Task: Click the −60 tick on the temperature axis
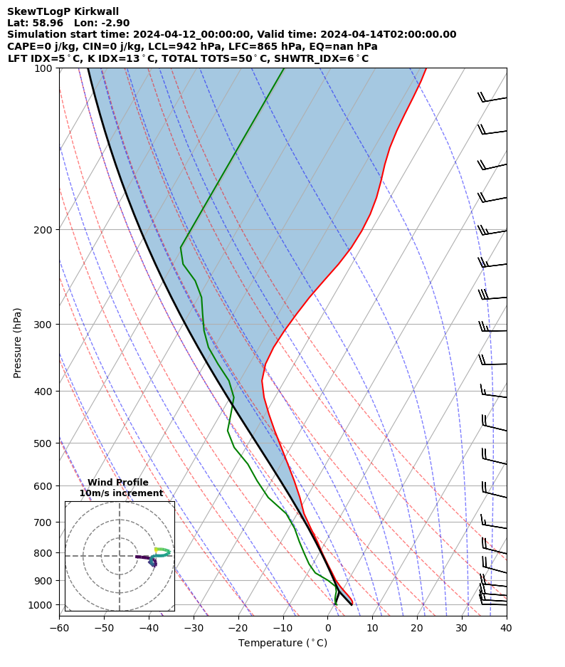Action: tap(59, 629)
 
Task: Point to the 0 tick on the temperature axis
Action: tap(328, 629)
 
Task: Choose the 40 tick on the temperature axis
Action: tap(507, 629)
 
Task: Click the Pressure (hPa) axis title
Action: tap(18, 342)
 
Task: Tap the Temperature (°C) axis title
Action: tap(282, 644)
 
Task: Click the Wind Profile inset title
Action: tap(118, 483)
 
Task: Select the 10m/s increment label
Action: tap(121, 493)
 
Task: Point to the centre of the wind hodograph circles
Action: tap(120, 556)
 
